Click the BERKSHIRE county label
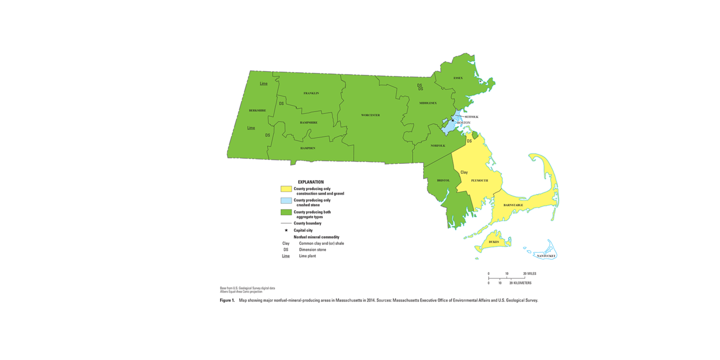click(x=257, y=110)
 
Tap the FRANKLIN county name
click(x=311, y=93)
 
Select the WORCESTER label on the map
click(x=370, y=115)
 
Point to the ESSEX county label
click(x=458, y=78)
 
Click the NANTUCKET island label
click(x=546, y=256)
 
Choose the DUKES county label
click(x=494, y=242)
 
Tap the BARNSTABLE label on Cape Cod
click(x=513, y=205)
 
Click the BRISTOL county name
click(x=443, y=181)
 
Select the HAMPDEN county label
click(x=308, y=148)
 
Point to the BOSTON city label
click(x=463, y=123)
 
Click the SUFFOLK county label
click(x=472, y=117)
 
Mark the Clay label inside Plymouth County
click(x=464, y=172)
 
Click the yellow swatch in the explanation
click(x=286, y=189)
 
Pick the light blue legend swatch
click(x=286, y=200)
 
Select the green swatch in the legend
click(x=286, y=212)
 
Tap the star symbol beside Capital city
click(x=286, y=230)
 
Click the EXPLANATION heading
click(x=311, y=182)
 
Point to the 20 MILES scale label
click(x=530, y=274)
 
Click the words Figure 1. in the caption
click(x=227, y=300)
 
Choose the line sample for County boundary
click(x=286, y=223)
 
